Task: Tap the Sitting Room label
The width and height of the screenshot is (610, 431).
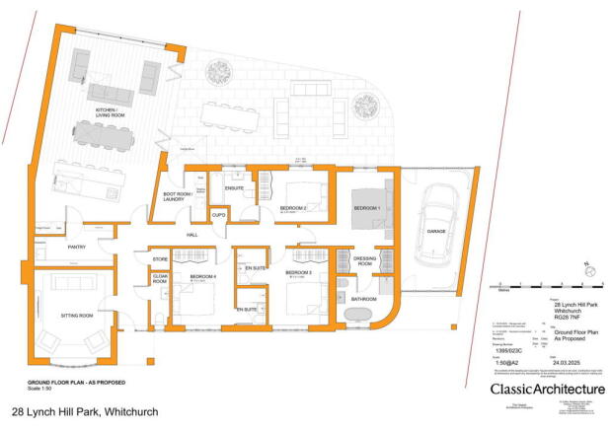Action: (71, 316)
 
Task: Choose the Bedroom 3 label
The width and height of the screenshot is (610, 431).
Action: (299, 271)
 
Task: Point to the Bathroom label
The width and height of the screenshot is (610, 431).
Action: (363, 297)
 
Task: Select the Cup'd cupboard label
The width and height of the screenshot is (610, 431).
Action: (219, 214)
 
